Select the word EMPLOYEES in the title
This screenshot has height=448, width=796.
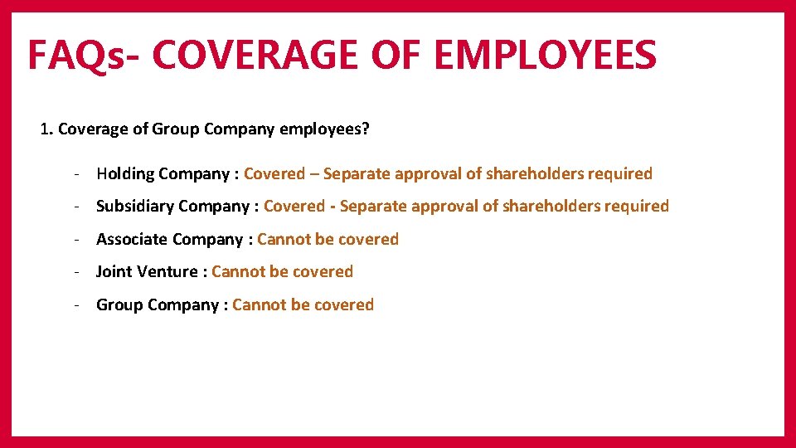545,55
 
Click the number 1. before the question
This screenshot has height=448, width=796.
46,129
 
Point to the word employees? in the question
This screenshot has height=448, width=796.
325,129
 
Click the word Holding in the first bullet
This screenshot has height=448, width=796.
125,174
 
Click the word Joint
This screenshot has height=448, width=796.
114,272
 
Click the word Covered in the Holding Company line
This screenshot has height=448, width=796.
274,174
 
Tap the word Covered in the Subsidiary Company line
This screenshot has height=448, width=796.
294,207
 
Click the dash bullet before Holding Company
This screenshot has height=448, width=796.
75,174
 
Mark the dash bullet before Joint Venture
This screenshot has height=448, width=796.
75,272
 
